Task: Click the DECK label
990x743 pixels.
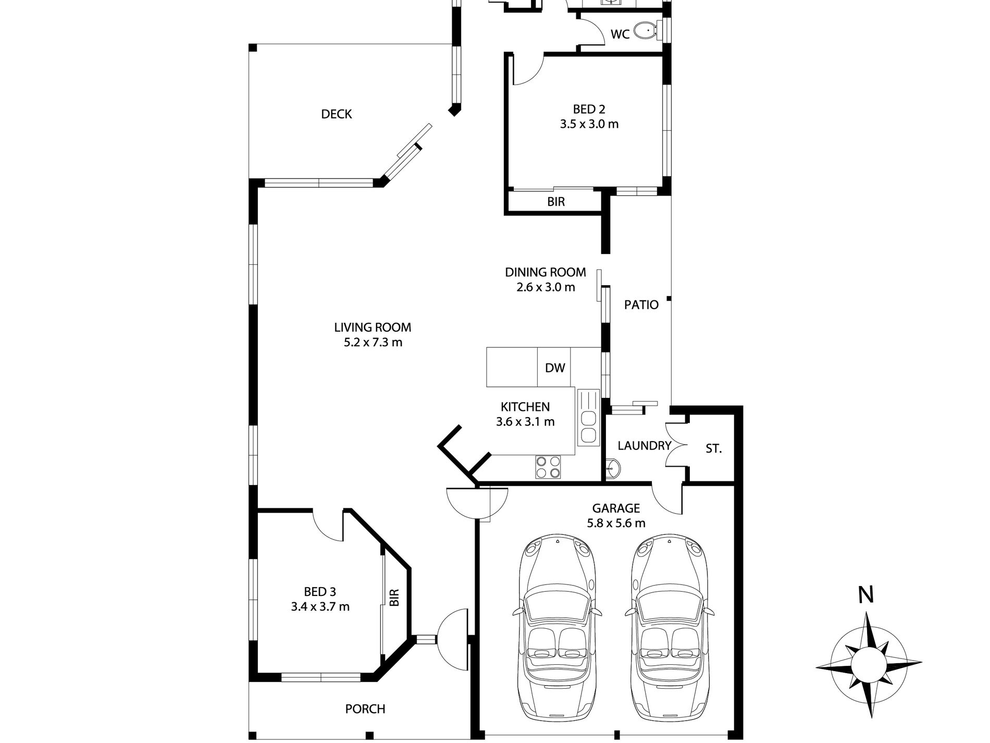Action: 337,114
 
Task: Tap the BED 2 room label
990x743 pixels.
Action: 589,109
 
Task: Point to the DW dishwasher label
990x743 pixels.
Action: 555,368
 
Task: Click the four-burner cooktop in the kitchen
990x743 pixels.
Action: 548,467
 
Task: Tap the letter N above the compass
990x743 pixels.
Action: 866,595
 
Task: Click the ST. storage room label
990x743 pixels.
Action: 714,448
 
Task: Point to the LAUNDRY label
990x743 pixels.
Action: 644,446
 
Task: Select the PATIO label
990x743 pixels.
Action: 641,305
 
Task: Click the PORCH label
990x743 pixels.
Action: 365,709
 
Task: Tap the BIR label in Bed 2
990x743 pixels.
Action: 556,202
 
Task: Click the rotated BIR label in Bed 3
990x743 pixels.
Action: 394,597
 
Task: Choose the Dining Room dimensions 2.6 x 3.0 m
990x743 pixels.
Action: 546,287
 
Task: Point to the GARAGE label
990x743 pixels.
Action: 616,508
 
